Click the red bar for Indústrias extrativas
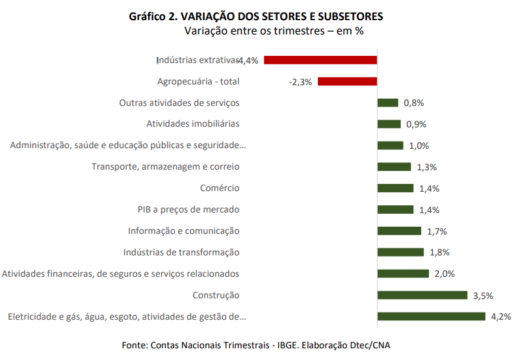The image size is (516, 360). tap(320, 60)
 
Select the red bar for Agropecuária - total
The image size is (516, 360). tap(347, 81)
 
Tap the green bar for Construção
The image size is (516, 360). tap(422, 295)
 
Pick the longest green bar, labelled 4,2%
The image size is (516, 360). tap(432, 316)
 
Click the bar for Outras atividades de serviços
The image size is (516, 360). tap(388, 103)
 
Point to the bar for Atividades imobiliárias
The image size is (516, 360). tap(389, 124)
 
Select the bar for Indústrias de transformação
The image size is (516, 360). tap(400, 252)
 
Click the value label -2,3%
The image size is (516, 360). tap(300, 82)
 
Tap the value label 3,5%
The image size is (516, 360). tap(483, 296)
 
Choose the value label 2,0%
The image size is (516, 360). tap(445, 274)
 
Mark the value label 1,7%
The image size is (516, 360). tap(437, 231)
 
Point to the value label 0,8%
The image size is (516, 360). tap(413, 103)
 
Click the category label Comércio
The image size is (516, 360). tap(220, 188)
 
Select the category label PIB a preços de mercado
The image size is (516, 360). tap(188, 209)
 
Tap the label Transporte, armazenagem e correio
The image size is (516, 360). tap(165, 166)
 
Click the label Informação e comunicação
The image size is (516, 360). tap(184, 231)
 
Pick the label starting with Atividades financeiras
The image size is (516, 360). tap(120, 274)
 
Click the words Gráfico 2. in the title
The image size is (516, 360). tap(154, 16)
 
